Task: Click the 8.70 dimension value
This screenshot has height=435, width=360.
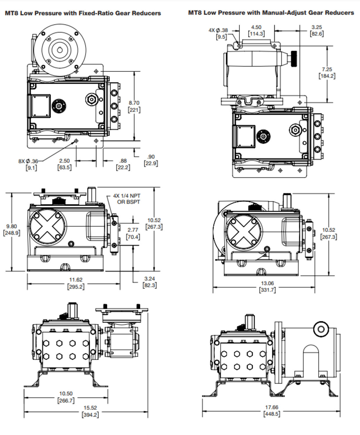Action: (x=134, y=106)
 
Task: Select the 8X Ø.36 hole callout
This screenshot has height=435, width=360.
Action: (x=28, y=164)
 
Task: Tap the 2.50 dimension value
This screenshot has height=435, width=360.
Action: (x=65, y=164)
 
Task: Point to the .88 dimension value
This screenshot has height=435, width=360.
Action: (x=123, y=164)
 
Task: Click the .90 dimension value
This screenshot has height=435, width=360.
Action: (x=151, y=160)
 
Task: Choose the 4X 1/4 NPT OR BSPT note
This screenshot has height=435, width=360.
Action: (x=127, y=199)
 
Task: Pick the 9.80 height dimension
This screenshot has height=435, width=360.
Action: (x=12, y=229)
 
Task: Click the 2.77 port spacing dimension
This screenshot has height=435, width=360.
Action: (x=133, y=233)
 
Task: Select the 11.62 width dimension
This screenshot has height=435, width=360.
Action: (x=76, y=283)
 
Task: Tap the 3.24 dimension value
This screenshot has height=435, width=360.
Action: (x=150, y=282)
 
